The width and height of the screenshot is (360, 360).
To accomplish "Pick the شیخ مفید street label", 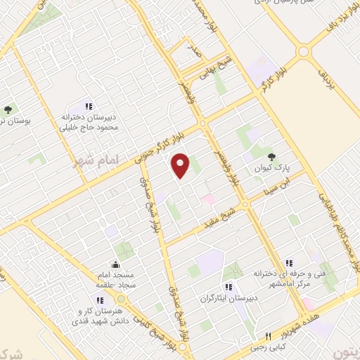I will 231,211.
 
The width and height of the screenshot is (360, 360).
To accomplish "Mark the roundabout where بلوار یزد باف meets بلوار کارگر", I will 303,51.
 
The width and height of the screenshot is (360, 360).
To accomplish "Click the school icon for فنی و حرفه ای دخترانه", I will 290,262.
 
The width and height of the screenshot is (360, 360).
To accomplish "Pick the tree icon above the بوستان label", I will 8,109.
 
